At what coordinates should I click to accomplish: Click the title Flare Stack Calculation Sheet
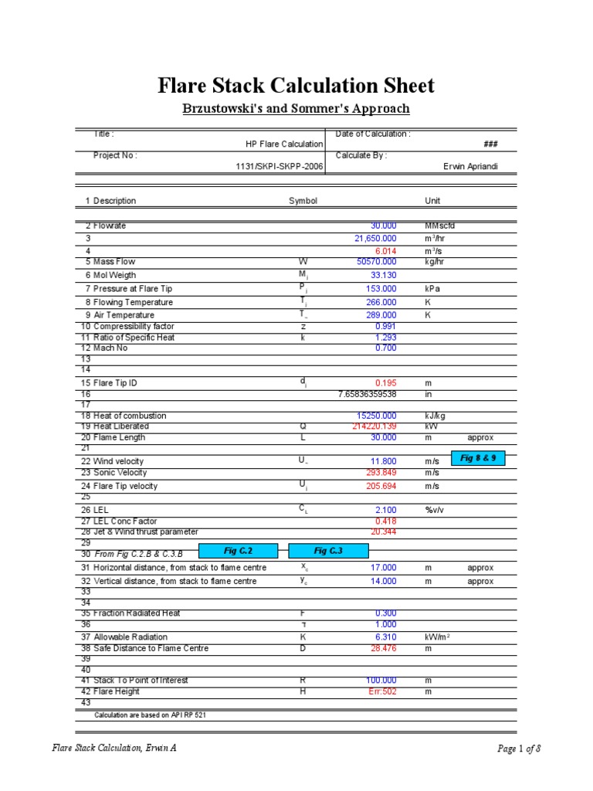[x=296, y=86]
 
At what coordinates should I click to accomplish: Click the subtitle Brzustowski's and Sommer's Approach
[x=296, y=109]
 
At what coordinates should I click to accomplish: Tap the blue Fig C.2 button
[x=239, y=551]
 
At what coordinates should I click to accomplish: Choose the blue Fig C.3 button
[x=328, y=551]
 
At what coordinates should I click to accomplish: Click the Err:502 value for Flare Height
[x=383, y=691]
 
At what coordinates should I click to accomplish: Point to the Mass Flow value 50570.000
[x=376, y=262]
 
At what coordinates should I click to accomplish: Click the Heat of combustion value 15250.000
[x=376, y=416]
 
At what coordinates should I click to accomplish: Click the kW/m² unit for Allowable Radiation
[x=438, y=637]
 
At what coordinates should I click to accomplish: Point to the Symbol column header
[x=303, y=201]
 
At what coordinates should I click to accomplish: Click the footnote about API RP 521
[x=150, y=715]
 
